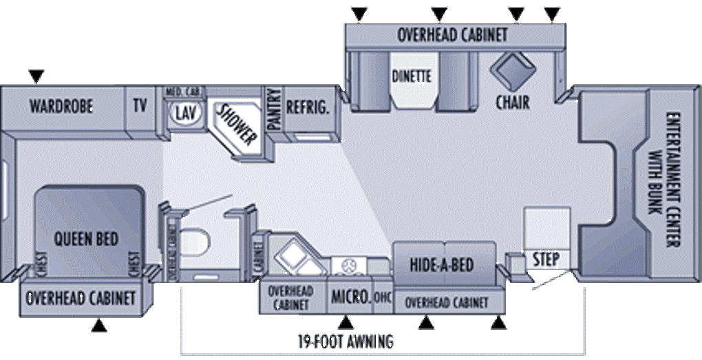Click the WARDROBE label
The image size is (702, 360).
[x=61, y=107]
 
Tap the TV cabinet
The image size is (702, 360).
[x=140, y=106]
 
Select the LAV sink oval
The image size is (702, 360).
[x=184, y=112]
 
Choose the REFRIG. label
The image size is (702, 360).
[x=308, y=107]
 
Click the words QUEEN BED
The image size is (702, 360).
[x=86, y=239]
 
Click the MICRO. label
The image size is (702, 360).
[x=350, y=297]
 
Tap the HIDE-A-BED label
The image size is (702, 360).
[x=443, y=265]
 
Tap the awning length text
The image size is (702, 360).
[x=345, y=340]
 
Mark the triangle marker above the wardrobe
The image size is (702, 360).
[x=36, y=75]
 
